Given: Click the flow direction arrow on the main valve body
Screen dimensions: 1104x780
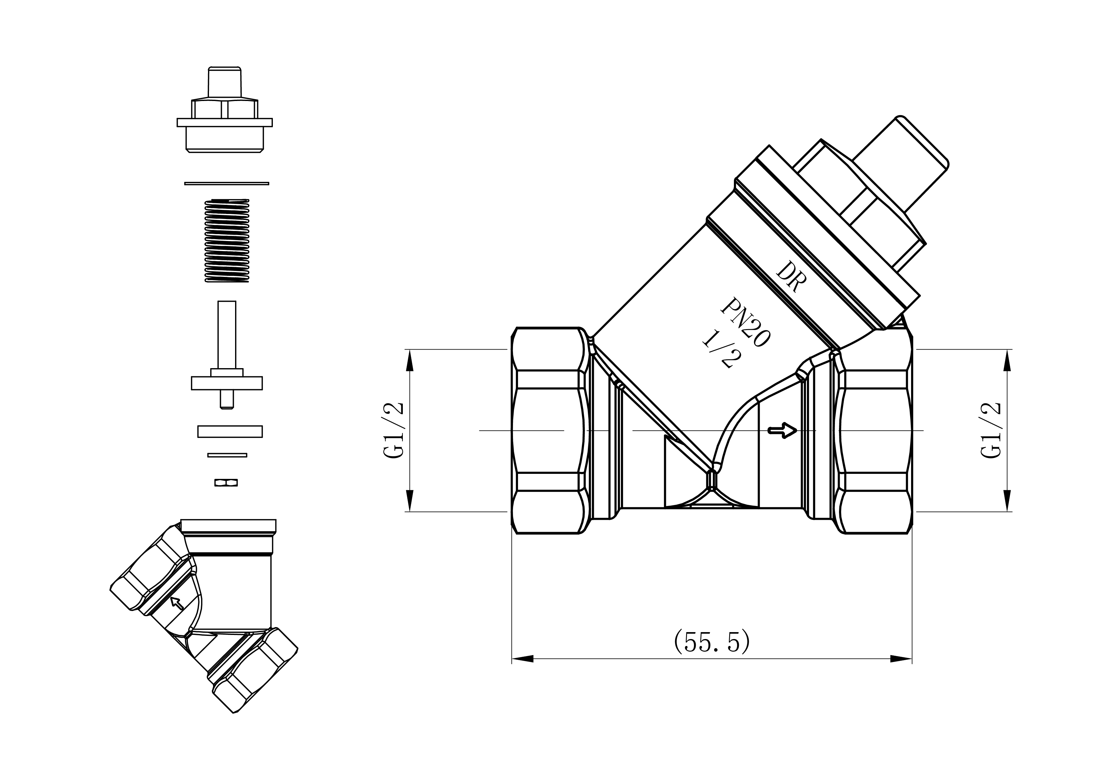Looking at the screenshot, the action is click(783, 430).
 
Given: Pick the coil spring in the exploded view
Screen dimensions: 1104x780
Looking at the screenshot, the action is click(227, 240).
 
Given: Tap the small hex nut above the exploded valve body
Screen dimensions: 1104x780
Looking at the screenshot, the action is click(226, 483).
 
